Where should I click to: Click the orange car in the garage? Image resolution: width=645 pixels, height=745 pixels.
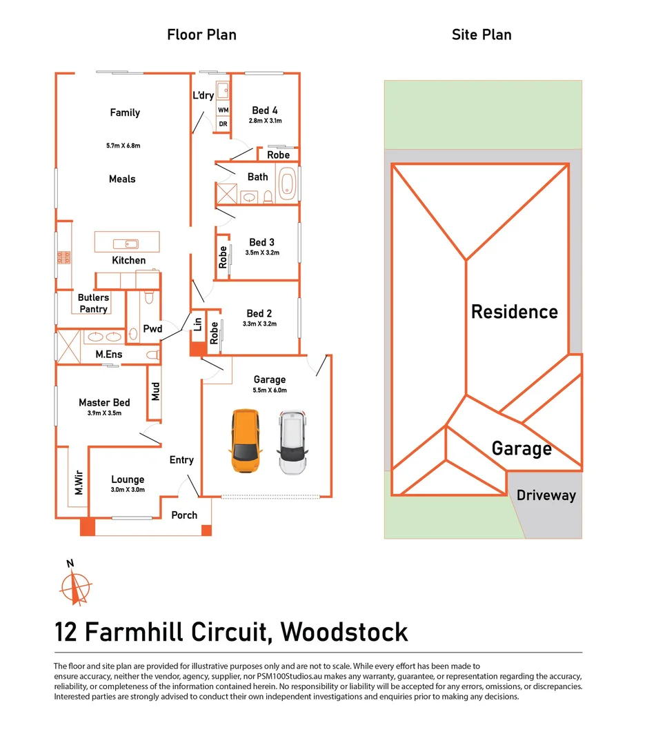point(245,442)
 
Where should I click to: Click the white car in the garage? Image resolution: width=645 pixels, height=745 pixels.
point(292,442)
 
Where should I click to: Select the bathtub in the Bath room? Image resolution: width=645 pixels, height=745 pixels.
point(287,184)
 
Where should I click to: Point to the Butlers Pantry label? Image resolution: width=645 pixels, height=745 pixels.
point(93,304)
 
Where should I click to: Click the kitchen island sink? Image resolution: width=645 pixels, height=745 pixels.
point(127,244)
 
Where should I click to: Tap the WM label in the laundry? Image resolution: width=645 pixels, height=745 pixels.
point(223,110)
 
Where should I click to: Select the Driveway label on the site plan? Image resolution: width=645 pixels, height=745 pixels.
point(546,495)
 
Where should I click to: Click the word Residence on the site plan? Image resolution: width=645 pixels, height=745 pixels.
point(514,312)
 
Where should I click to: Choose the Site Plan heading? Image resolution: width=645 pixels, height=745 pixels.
point(482,34)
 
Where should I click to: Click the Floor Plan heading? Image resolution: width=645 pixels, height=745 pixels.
point(201,34)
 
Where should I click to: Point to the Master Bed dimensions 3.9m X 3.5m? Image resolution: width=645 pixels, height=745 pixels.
point(104,413)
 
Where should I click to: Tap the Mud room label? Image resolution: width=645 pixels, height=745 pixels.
point(156,392)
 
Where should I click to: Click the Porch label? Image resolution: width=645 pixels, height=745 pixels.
point(184,515)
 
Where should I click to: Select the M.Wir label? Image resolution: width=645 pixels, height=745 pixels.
point(79,481)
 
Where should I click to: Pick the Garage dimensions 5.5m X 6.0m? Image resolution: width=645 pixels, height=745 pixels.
point(270,390)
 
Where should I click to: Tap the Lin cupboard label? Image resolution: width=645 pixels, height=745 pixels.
point(197,324)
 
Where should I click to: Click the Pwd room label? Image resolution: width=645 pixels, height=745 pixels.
point(152,329)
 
